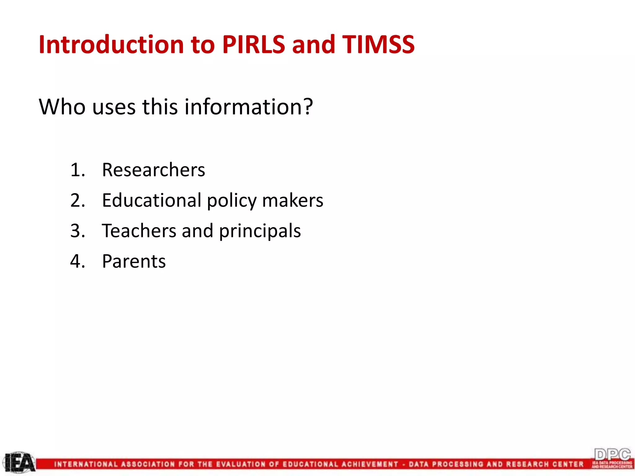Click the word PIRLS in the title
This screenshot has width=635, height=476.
tap(253, 44)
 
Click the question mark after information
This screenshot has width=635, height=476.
tap(307, 106)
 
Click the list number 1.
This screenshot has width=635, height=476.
tap(77, 170)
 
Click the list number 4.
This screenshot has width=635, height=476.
tap(77, 261)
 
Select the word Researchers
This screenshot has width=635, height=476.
tap(153, 170)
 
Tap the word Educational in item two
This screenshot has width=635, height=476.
tap(152, 200)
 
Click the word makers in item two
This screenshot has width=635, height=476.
tap(292, 200)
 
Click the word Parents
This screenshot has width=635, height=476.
tap(134, 261)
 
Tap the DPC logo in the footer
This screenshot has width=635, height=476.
tap(612, 458)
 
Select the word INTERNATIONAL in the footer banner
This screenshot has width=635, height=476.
tap(86, 464)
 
